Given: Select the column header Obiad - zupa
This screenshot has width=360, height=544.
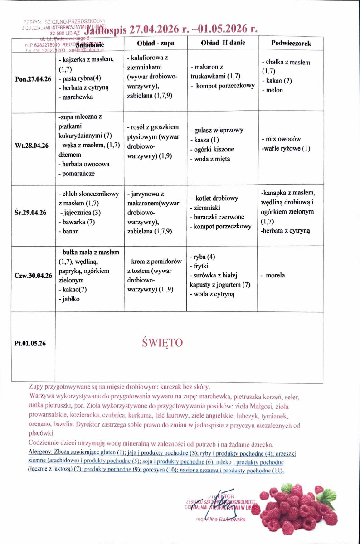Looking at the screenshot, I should [x=156, y=43].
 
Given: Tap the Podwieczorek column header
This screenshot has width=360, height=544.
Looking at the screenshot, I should [x=291, y=43].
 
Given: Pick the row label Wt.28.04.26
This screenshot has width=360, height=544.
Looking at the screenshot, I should [x=31, y=146].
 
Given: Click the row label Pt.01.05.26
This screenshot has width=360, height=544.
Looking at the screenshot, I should [x=30, y=343].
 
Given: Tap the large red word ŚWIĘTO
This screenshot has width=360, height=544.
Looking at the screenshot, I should [x=162, y=342].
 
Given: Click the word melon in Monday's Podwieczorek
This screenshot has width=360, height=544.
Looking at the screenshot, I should [x=275, y=90].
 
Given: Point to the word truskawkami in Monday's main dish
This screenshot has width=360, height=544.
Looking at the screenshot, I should [x=207, y=77].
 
